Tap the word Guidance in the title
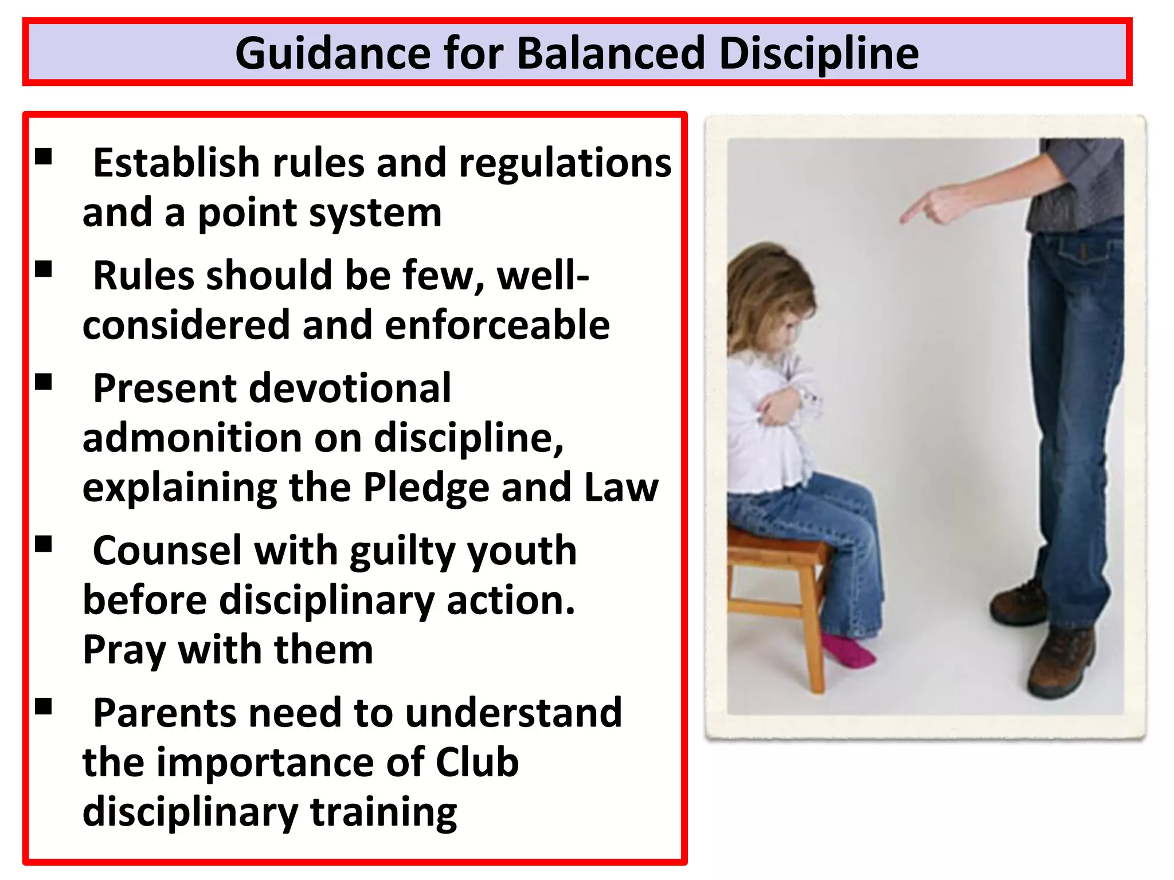coord(333,53)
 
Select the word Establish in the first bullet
coord(177,163)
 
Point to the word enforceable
coord(497,325)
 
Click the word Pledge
coord(426,488)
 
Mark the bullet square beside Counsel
coord(44,544)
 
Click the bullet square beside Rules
coord(44,269)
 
